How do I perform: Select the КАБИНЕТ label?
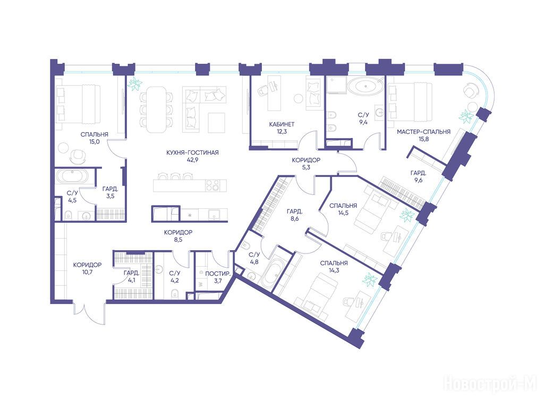click(x=282, y=124)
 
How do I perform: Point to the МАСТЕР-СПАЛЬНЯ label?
click(x=423, y=132)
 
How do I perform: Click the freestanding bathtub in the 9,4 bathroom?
click(x=365, y=87)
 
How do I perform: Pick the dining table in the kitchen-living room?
click(x=156, y=109)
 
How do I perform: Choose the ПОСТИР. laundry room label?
click(x=218, y=274)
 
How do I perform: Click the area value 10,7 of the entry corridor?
click(x=87, y=272)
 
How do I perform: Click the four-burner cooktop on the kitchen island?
click(x=212, y=185)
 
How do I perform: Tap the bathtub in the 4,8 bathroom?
click(x=272, y=273)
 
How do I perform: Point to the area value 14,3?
click(x=334, y=270)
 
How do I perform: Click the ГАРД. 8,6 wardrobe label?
click(x=294, y=215)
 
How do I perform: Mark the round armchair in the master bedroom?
click(x=470, y=91)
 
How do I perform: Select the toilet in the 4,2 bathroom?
click(x=174, y=293)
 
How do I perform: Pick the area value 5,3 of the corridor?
click(x=306, y=167)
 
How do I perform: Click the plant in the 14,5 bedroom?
click(x=407, y=216)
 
